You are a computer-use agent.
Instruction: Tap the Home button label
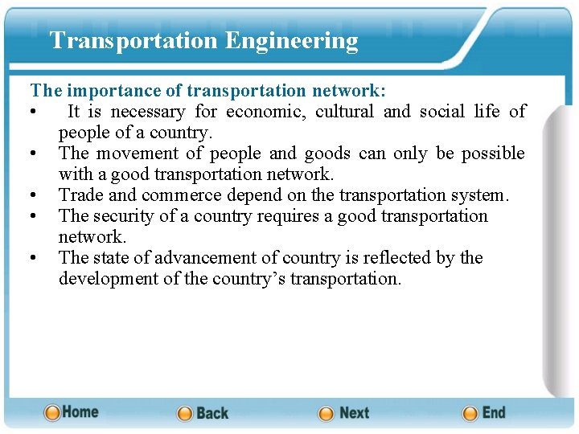(80, 411)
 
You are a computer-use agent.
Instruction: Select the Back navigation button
(212, 413)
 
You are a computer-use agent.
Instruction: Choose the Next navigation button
(354, 413)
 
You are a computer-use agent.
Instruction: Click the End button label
(494, 412)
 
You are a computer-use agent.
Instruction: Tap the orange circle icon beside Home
(52, 412)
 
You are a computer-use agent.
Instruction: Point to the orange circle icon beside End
(470, 413)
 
